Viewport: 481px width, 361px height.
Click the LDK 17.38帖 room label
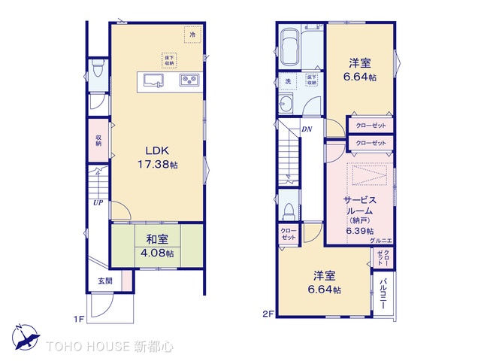tap(157, 156)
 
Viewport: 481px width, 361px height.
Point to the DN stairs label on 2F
tap(307, 129)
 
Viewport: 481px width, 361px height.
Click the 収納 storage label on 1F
tap(98, 140)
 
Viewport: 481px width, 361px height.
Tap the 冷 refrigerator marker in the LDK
tap(192, 35)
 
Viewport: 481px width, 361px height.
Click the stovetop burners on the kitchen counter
tap(188, 80)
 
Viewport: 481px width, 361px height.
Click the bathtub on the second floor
tap(289, 48)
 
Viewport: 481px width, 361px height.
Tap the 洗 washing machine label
tap(287, 80)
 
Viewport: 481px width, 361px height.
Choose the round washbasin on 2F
tap(286, 104)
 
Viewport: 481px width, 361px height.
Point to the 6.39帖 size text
tap(358, 230)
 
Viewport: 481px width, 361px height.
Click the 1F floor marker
tap(77, 319)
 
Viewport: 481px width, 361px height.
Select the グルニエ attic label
tap(380, 240)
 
